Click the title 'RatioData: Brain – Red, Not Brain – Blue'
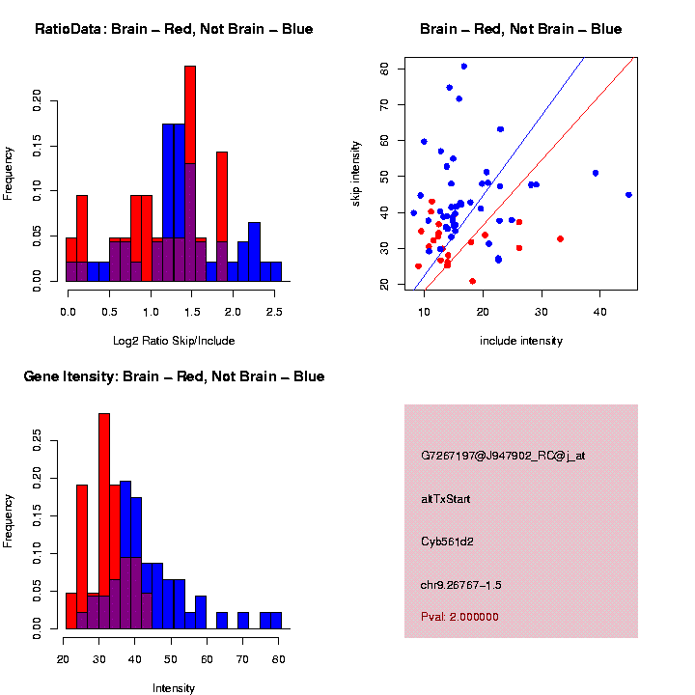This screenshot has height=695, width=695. pos(174,29)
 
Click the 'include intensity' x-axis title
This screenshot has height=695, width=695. pos(521,340)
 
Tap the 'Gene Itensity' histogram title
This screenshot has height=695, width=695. pos(174,376)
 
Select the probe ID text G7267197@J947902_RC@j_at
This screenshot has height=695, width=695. pos(503,455)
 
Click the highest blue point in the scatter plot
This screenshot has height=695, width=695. pos(464,67)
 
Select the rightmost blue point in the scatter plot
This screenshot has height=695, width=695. pos(628,195)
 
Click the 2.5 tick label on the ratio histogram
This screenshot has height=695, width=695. pos(274,313)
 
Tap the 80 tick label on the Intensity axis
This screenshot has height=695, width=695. pos(279,660)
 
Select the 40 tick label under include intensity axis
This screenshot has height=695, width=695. pos(598,313)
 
